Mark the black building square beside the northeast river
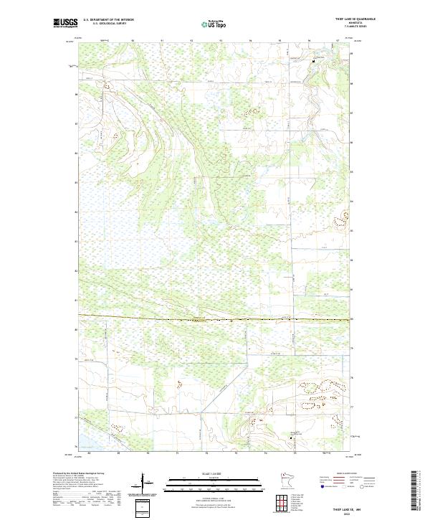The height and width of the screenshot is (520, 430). click(x=313, y=62)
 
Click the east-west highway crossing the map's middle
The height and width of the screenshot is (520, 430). click(x=215, y=318)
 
